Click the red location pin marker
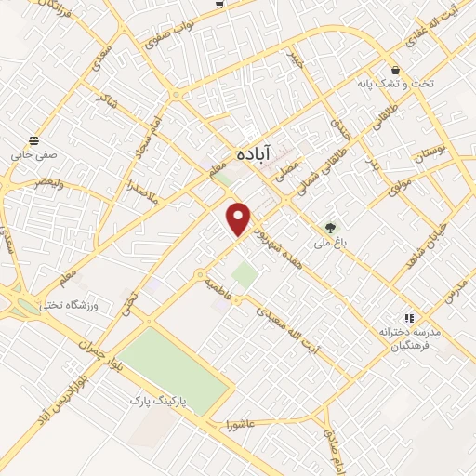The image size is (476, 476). click(x=240, y=218)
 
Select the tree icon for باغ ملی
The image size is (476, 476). click(x=330, y=228)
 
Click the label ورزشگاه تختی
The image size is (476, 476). click(x=67, y=305)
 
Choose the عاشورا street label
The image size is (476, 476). click(x=240, y=425)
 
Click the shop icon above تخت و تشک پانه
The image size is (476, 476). click(x=396, y=70)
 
